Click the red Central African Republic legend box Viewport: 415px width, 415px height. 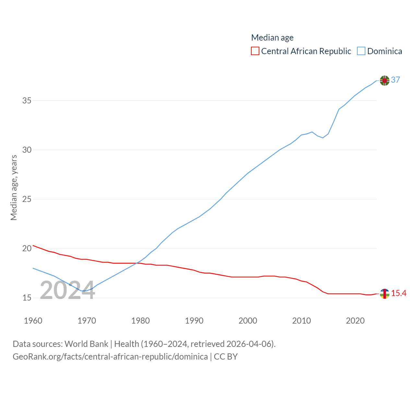255,51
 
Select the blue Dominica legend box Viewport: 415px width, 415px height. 361,51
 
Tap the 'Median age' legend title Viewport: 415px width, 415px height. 272,38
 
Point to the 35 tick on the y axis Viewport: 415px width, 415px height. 27,101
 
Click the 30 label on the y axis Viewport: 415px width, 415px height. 27,150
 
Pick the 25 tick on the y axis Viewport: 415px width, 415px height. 27,199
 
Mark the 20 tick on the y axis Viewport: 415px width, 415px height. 27,248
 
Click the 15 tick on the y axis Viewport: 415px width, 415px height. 27,298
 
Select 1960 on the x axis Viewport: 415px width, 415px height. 33,321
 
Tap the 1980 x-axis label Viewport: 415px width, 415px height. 140,321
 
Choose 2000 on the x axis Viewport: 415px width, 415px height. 248,321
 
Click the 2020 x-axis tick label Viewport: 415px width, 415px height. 355,321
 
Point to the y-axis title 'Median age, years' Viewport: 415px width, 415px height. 14,188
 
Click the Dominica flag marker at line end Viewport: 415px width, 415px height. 385,80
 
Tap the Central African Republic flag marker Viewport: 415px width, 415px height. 385,294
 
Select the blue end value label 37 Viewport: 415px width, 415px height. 396,80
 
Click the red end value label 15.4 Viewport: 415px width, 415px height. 399,293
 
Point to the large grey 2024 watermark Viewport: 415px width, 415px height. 67,290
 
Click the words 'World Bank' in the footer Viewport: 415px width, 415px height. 87,344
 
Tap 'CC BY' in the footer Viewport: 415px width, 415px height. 226,357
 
